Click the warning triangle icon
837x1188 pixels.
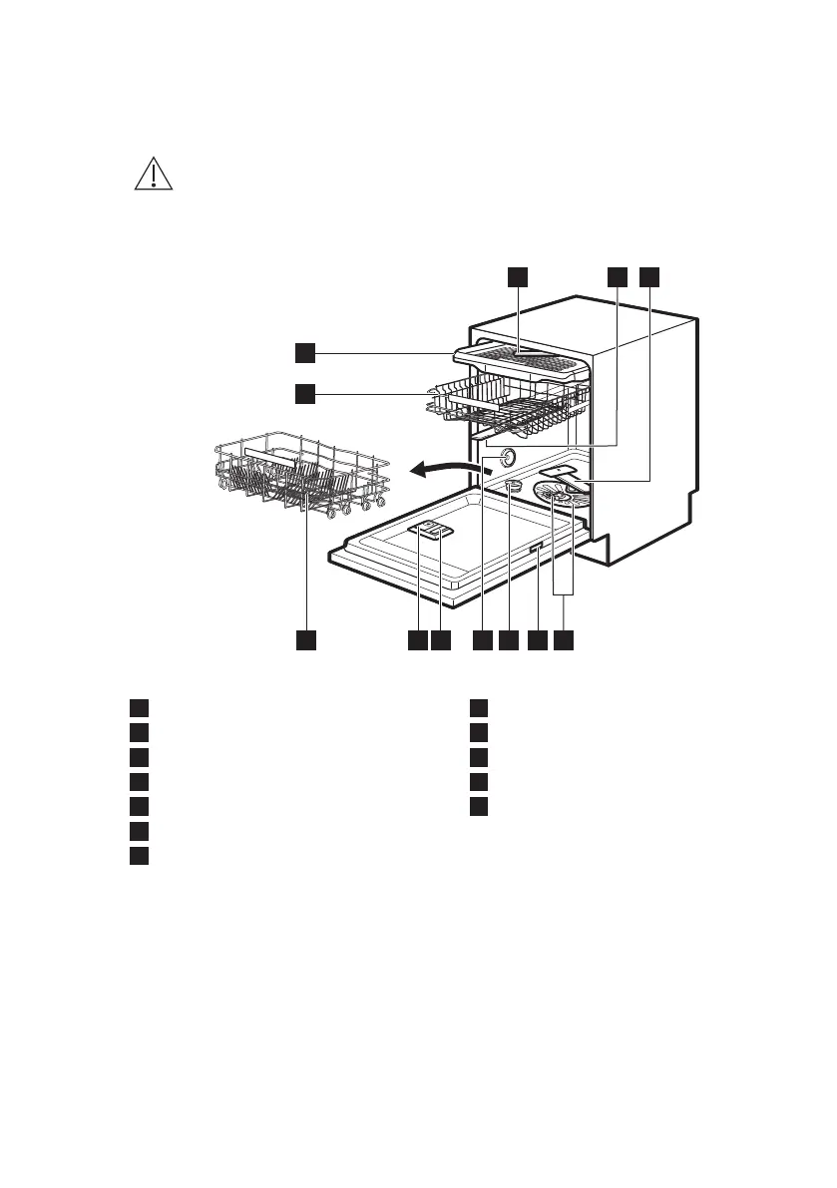click(153, 175)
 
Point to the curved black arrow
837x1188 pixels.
click(444, 465)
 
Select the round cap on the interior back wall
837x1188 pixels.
click(506, 457)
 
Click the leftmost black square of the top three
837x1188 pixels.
click(517, 276)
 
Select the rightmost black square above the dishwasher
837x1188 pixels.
click(649, 276)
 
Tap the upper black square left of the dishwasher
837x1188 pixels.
click(305, 351)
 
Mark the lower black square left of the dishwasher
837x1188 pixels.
click(305, 394)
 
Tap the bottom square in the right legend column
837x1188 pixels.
click(480, 805)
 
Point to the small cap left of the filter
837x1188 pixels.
click(513, 486)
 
